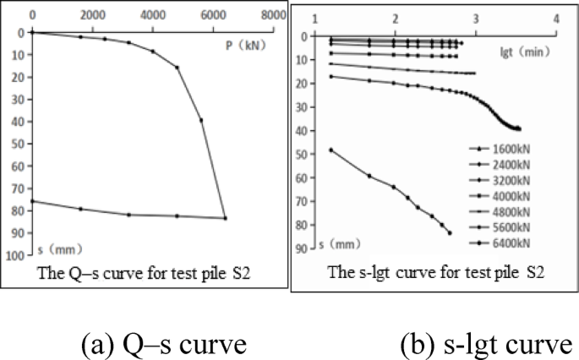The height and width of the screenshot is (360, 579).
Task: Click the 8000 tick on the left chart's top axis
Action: (271, 15)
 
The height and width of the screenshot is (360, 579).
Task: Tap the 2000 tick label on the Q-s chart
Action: (92, 15)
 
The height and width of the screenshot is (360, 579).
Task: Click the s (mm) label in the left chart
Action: (59, 250)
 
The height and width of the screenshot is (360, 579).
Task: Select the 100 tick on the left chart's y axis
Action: (16, 254)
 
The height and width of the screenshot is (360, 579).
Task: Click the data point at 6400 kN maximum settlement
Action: (225, 218)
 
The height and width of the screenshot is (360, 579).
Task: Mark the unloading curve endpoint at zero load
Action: (32, 200)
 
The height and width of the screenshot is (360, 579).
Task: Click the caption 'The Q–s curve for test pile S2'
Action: (145, 272)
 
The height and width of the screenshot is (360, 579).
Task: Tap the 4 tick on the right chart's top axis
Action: (555, 18)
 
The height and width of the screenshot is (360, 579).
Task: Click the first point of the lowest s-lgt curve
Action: (330, 150)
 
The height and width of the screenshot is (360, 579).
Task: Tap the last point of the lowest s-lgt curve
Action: (450, 232)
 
